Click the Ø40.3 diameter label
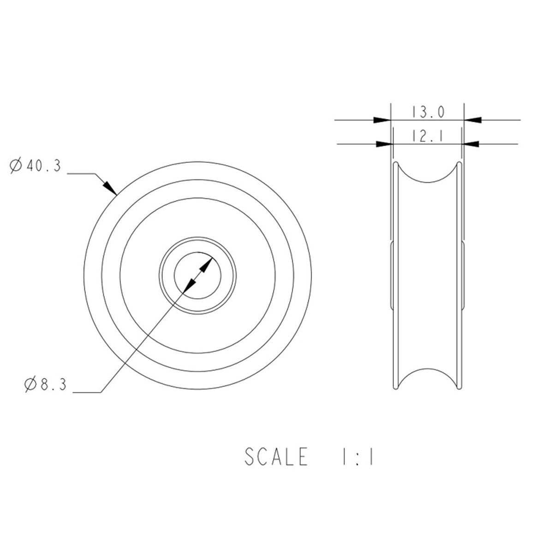pos(36,166)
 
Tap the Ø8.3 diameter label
pos(46,384)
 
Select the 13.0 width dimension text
pos(428,112)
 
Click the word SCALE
pos(276,457)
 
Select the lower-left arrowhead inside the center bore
pos(189,286)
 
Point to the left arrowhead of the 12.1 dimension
pos(384,144)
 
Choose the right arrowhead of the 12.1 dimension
pos(470,144)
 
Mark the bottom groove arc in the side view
pos(428,372)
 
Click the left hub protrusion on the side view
pos(391,275)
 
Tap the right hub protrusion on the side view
pos(464,275)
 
